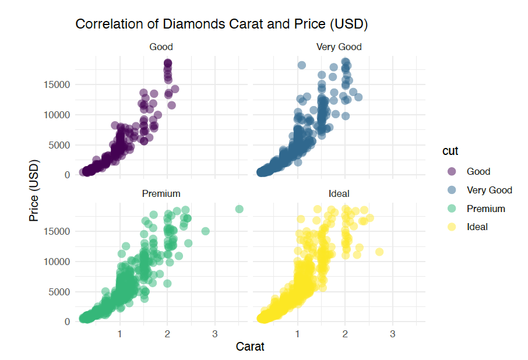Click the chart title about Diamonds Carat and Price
pos(221,24)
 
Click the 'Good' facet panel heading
pos(161,47)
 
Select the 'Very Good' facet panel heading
pos(339,47)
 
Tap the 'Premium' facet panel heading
pos(161,193)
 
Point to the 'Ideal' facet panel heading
pos(339,193)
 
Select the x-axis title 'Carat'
pos(250,347)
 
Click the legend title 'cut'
pos(449,151)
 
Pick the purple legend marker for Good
pos(452,171)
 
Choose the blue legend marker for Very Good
pos(452,190)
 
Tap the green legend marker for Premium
pos(452,209)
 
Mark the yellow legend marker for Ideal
pos(452,227)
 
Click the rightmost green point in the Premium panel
pos(239,209)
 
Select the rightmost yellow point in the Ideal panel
pos(379,252)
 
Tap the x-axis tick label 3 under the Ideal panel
pos(392,334)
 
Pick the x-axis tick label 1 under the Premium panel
pos(119,334)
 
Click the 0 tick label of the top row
pos(68,175)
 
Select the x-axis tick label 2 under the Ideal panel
pos(344,334)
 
